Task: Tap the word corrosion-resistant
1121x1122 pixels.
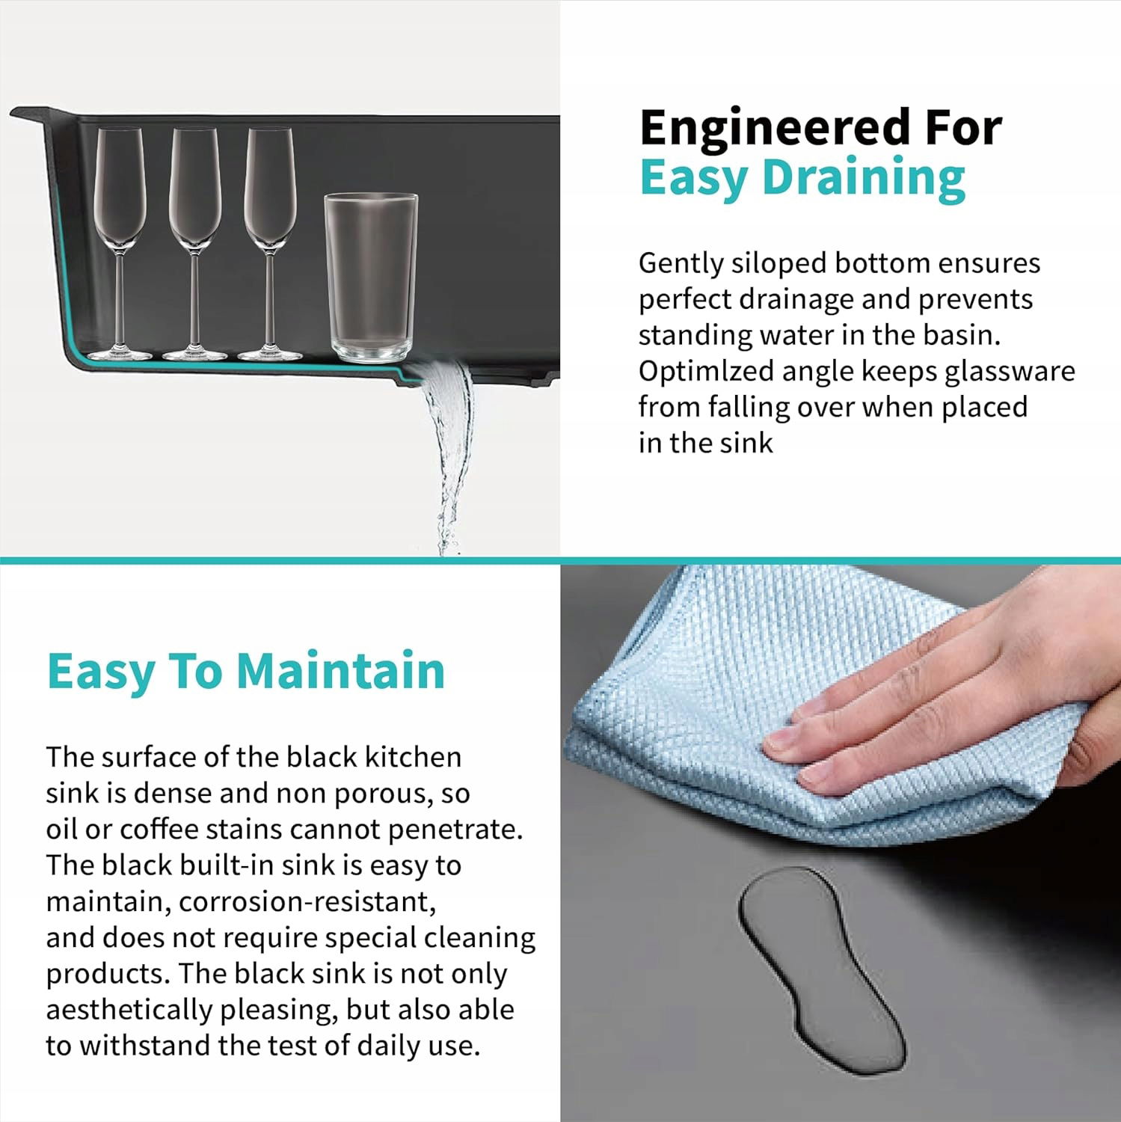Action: [x=307, y=901]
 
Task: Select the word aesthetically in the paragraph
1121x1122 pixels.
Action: [x=129, y=1010]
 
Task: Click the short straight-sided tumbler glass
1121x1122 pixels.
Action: [x=370, y=277]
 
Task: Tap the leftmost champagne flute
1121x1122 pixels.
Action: [x=120, y=243]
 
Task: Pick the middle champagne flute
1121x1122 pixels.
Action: [x=194, y=243]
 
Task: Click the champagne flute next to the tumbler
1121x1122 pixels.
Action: [x=270, y=243]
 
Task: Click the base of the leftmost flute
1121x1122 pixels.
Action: [x=120, y=354]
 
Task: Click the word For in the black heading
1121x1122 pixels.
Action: [x=963, y=128]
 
